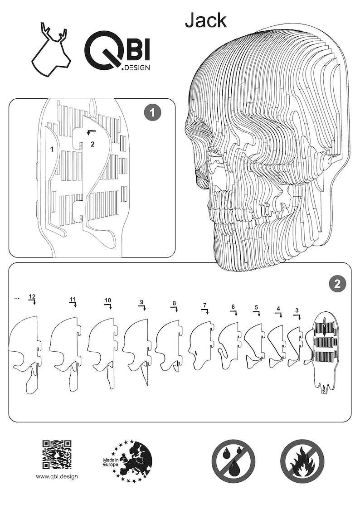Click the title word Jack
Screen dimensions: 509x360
pos(205,20)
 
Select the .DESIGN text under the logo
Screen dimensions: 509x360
pos(135,68)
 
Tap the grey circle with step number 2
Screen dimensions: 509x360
pos(336,284)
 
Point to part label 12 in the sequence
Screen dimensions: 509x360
pos(32,297)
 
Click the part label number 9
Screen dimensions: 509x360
pos(141,302)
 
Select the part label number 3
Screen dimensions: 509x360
pos(297,311)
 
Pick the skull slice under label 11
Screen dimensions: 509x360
pos(66,351)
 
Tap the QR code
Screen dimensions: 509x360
pos(57,454)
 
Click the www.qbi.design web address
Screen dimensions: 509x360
pos(57,476)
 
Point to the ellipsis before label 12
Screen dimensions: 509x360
pos(17,298)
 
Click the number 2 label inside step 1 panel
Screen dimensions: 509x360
pos(92,144)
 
